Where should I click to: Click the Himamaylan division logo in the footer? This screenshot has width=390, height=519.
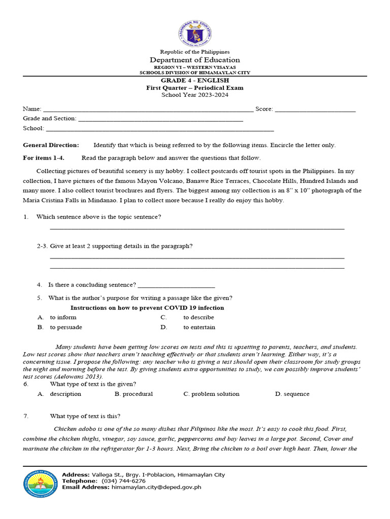(41, 484)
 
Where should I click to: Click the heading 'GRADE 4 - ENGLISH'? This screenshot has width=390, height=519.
(195, 80)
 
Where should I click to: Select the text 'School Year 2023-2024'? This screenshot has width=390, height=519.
(195, 95)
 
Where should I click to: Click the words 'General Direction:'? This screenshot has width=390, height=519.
(51, 145)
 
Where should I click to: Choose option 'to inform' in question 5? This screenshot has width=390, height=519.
(63, 317)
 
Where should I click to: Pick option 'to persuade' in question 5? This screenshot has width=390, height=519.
(66, 327)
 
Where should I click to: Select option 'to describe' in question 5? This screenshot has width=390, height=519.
(199, 317)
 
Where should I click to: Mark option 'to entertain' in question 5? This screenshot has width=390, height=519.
(199, 327)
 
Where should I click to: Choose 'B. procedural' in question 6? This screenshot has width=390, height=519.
(134, 394)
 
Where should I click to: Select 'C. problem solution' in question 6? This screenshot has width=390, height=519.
(211, 394)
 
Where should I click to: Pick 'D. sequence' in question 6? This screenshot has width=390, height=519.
(292, 394)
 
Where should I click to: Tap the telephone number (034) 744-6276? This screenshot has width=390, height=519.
(123, 480)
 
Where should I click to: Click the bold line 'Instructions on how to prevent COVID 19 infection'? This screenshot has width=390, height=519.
(147, 308)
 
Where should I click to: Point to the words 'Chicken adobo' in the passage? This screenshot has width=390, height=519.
(72, 429)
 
